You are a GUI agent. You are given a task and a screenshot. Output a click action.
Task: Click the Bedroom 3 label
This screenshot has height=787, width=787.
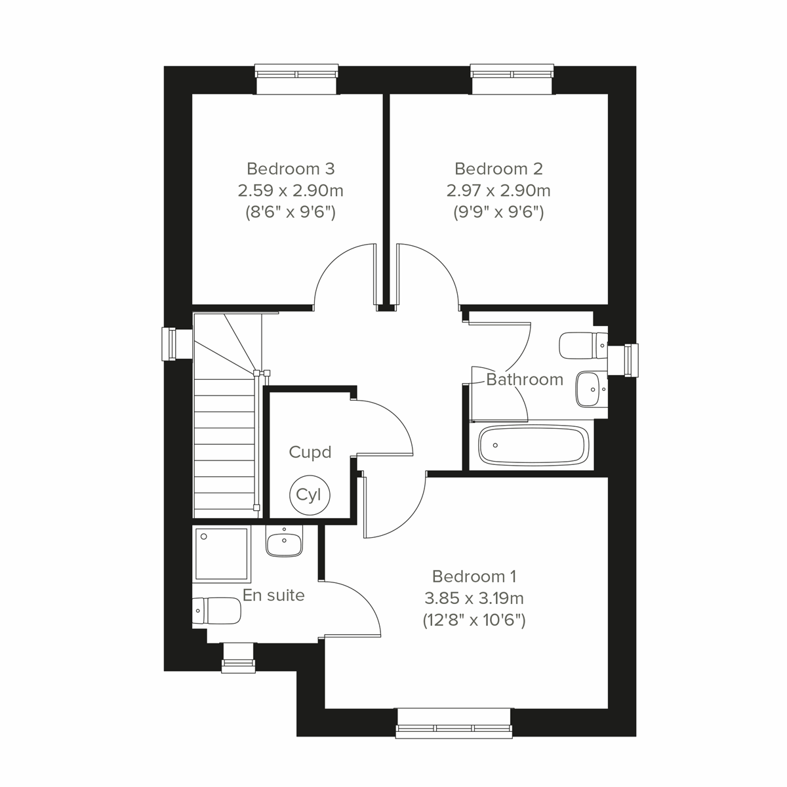[x=291, y=169]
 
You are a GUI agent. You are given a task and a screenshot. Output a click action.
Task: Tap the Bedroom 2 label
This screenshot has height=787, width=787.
[x=498, y=169]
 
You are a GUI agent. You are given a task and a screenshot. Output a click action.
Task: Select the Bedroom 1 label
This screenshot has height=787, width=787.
[x=474, y=576]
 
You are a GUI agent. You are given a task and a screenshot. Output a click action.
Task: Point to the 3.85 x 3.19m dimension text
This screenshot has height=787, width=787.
[x=474, y=598]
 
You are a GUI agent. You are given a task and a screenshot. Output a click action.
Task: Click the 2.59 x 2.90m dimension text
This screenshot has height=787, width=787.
[x=291, y=191]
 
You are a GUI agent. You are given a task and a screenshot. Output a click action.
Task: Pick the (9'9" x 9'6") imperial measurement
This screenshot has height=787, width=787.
[x=498, y=212]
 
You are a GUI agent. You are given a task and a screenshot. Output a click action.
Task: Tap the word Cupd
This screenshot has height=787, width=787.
[x=310, y=452]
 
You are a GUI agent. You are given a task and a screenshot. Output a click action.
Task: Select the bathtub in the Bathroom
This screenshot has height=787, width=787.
[x=532, y=446]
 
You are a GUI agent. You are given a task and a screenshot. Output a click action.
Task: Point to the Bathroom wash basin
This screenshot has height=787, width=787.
[x=591, y=389]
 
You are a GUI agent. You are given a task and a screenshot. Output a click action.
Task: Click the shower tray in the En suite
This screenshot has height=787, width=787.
[x=222, y=554]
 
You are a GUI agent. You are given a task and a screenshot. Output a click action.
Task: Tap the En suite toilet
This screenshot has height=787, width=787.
[x=216, y=611]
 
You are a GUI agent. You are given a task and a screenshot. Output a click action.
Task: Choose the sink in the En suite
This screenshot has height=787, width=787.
[x=284, y=543]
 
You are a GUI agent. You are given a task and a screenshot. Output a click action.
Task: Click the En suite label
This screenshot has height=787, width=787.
[x=273, y=595]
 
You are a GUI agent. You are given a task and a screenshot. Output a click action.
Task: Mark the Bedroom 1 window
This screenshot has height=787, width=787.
[x=454, y=723]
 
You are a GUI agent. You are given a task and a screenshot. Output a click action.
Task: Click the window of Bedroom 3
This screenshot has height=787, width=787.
[x=296, y=78]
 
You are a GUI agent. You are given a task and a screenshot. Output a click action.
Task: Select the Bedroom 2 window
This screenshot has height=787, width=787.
[x=512, y=78]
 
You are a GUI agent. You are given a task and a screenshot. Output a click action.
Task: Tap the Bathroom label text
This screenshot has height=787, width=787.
[x=525, y=379]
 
